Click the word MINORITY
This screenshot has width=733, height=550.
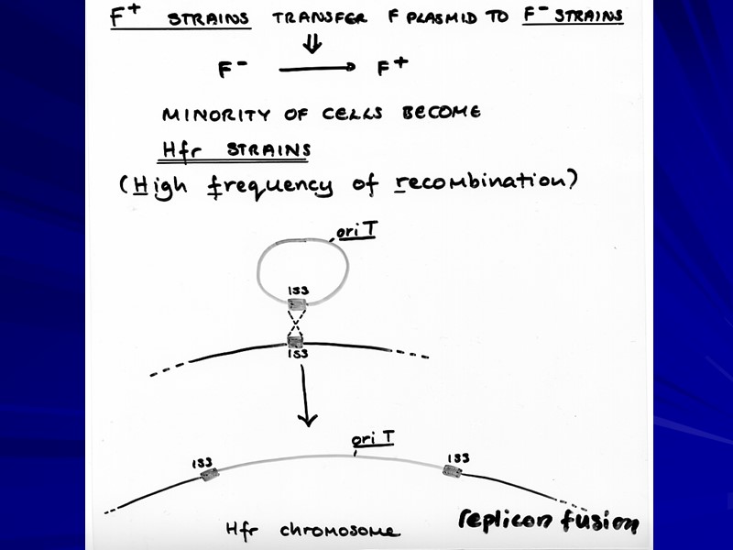[216, 115]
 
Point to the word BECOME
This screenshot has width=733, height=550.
[441, 114]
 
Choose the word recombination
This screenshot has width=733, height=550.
[479, 181]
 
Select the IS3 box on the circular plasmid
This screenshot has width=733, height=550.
[298, 304]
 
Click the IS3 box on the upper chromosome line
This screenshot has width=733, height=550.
[296, 342]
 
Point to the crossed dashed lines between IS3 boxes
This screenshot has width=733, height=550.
[297, 323]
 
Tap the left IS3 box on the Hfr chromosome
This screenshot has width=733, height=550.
[210, 474]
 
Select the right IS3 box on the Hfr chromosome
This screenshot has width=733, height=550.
[451, 471]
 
